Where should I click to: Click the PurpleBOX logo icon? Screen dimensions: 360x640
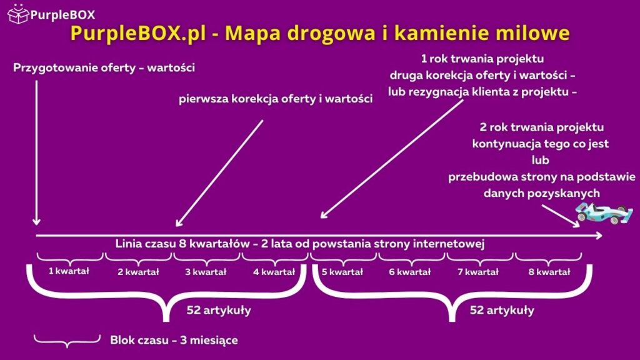pos(17,12)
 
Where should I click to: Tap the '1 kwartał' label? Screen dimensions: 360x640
pos(69,271)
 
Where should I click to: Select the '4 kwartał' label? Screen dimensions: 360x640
pos(274,272)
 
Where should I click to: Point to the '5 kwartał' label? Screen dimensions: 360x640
pos(342,272)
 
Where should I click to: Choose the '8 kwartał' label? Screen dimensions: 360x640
pos(549,272)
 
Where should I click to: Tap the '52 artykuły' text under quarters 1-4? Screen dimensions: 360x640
pos(219,310)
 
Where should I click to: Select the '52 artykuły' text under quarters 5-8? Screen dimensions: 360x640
pos(502,310)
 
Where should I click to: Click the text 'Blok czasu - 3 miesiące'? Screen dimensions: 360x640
pos(174,341)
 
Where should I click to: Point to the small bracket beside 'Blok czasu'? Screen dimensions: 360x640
pos(67,339)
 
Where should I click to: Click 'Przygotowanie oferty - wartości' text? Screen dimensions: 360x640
pos(104,67)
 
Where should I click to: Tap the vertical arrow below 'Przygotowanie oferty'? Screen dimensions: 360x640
pos(36,150)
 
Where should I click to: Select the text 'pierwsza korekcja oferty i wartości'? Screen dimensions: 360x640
pos(276,99)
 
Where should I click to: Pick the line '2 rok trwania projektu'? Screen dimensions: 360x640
pos(541,127)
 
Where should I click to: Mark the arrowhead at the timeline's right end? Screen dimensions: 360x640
pos(599,236)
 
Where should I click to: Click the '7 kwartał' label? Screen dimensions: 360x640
pos(479,272)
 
